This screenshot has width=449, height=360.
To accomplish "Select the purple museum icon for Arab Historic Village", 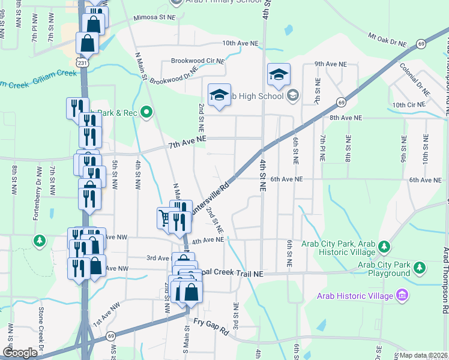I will pos(402,295).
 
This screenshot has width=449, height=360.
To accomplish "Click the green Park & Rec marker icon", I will pos(146,112).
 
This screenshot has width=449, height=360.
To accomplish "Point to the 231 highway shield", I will pos(82,62).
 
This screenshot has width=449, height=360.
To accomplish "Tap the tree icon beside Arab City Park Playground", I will pos(421,266).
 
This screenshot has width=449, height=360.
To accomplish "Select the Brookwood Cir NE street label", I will pos(197,61).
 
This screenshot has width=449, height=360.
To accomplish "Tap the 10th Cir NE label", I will pos(408,105).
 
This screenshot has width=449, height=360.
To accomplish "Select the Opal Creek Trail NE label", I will pos(233,273).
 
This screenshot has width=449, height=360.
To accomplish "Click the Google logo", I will pos(20,353).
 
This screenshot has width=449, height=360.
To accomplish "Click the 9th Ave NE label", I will pos(330,64).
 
